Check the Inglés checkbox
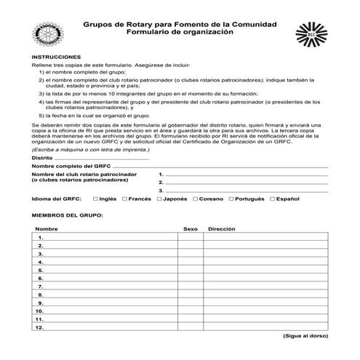tap(95, 198)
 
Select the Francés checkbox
tap(125, 198)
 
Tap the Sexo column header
tap(191, 229)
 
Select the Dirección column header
tap(222, 229)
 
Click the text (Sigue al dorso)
tap(305, 337)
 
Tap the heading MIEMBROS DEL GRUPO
tap(68, 215)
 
